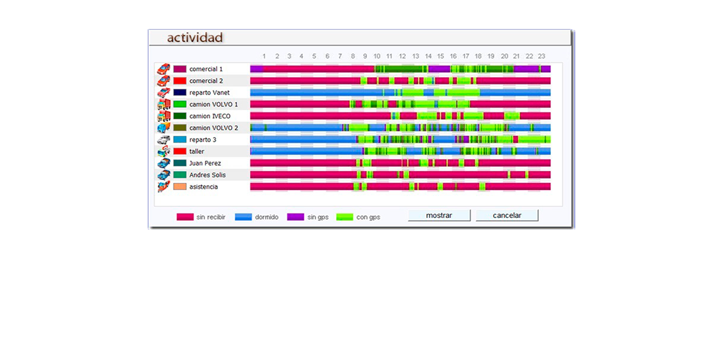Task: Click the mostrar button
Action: point(439,215)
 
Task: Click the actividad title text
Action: point(195,38)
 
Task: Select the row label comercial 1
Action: point(206,69)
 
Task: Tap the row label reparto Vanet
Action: point(209,93)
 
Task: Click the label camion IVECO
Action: point(210,116)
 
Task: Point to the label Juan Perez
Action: point(205,163)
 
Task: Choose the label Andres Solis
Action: point(207,175)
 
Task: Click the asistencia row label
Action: point(203,187)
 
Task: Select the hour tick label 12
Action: point(402,56)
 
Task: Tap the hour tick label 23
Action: point(541,56)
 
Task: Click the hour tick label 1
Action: point(264,56)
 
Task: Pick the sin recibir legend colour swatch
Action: point(185,217)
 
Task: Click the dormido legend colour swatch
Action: point(243,217)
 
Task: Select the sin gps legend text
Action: point(318,217)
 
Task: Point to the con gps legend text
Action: point(368,217)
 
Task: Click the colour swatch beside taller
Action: point(180,151)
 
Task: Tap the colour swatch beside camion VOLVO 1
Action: point(180,104)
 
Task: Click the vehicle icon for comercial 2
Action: point(164,81)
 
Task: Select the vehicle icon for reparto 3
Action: point(164,140)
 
